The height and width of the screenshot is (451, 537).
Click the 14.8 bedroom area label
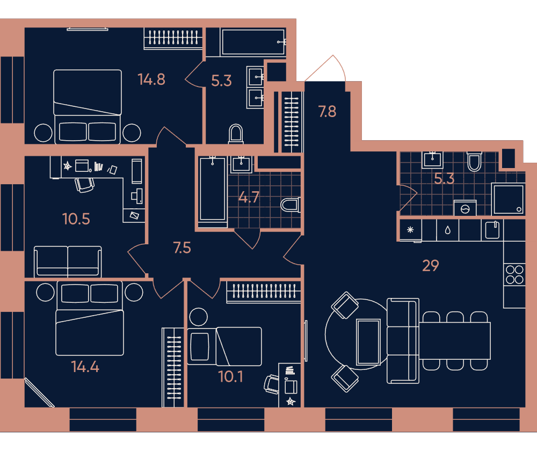click(151, 79)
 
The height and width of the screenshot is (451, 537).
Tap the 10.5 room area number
click(76, 219)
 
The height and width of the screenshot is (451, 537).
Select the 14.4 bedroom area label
click(85, 367)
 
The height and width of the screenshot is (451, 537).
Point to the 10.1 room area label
click(231, 377)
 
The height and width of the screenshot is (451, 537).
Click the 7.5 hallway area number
click(182, 248)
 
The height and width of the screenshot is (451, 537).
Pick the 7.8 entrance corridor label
click(327, 112)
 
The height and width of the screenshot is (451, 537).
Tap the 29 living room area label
click(431, 265)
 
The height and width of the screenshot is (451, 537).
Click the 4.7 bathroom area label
click(249, 197)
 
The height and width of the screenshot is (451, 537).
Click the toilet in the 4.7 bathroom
click(291, 205)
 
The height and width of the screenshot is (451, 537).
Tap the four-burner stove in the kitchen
click(514, 275)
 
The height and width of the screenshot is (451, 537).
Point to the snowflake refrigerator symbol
click(410, 230)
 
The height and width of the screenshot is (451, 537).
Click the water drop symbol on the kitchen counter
click(448, 230)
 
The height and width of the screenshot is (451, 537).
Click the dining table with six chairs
click(455, 341)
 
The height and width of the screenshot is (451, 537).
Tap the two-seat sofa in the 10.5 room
click(68, 261)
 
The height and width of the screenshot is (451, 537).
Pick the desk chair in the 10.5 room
click(84, 185)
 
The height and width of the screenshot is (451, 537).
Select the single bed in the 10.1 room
click(224, 346)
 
